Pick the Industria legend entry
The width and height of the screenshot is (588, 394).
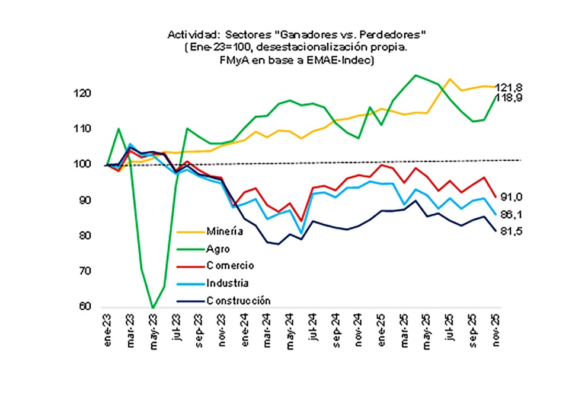point(228,283)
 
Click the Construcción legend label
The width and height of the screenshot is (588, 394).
point(238,300)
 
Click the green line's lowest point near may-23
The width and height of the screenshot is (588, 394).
point(153,307)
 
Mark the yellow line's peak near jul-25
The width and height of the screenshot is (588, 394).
point(450,79)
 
